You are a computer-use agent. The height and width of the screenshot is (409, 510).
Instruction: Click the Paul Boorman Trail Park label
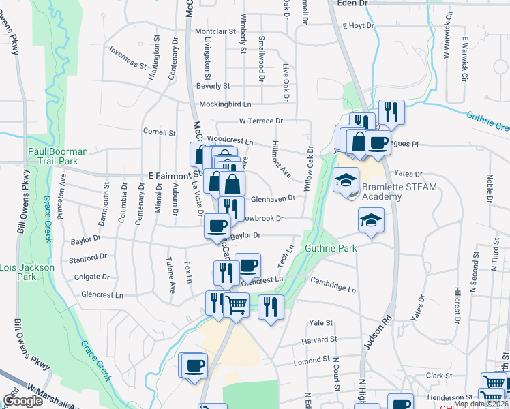tap(58, 156)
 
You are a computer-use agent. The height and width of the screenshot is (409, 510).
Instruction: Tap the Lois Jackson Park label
tap(27, 272)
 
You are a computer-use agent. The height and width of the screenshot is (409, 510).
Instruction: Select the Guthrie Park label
tap(331, 249)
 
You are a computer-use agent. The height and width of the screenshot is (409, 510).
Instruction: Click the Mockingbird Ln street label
tap(225, 104)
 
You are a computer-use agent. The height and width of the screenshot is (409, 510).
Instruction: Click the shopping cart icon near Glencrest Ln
tap(236, 305)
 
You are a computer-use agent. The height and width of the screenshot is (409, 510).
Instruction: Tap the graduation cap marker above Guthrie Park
tap(371, 220)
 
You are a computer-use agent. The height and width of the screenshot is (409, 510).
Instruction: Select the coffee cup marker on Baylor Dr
tap(217, 226)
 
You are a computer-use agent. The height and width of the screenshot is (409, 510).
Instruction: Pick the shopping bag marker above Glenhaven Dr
tap(232, 183)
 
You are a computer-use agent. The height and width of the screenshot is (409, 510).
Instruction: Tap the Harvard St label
tap(324, 339)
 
